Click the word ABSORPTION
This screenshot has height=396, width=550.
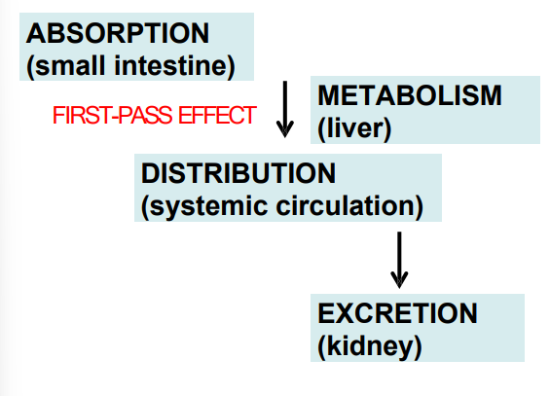118,32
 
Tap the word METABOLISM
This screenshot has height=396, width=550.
410,95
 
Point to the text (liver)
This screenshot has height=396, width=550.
354,127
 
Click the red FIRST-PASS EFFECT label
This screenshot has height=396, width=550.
154,117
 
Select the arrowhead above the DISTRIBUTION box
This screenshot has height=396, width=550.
285,129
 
